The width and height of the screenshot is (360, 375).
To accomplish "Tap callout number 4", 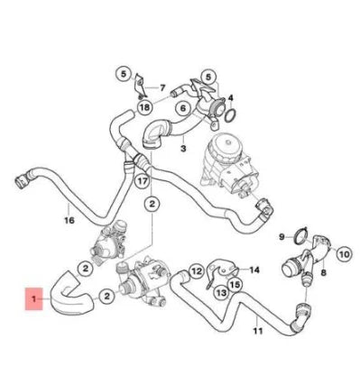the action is click(231, 97).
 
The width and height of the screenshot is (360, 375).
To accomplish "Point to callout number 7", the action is click(163, 88).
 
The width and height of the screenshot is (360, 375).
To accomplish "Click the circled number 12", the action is click(195, 270).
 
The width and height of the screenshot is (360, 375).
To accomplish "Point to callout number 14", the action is click(254, 269).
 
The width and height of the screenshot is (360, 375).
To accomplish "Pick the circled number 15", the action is click(234, 285).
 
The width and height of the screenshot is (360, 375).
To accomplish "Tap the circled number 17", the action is click(141, 181).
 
